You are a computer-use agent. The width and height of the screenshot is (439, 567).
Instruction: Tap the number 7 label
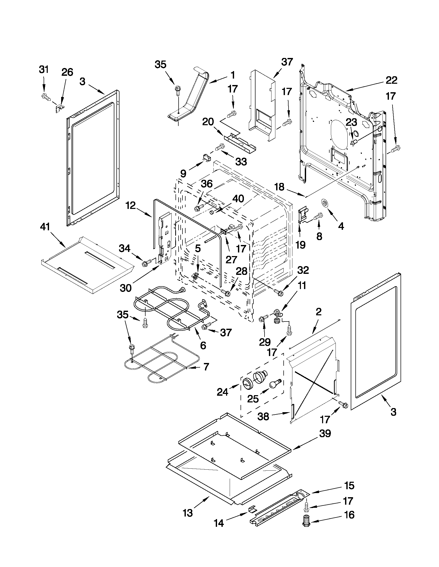coord(206,367)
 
